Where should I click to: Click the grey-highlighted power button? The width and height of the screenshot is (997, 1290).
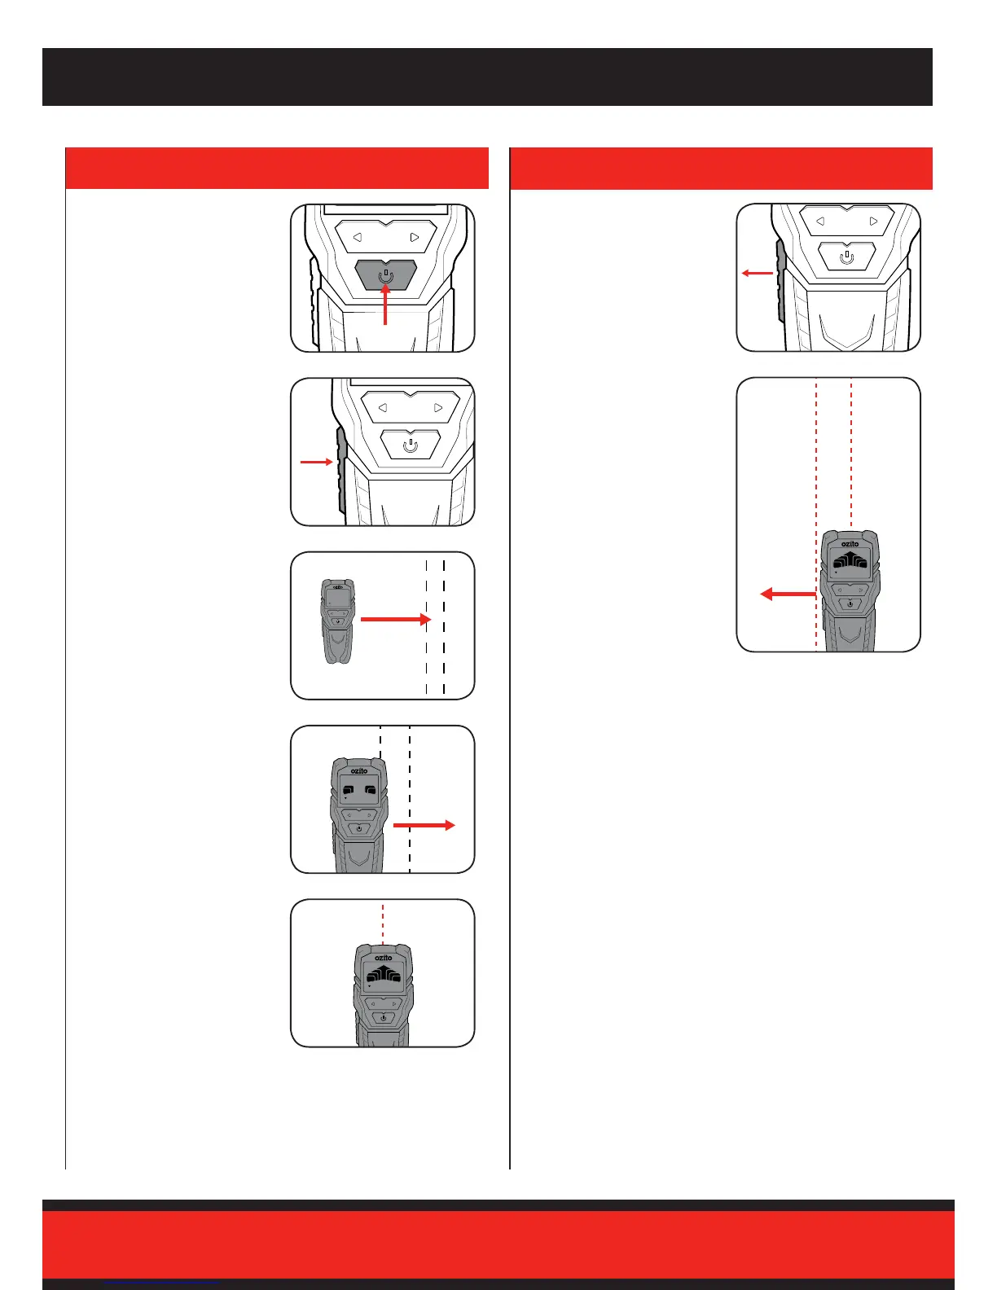(386, 275)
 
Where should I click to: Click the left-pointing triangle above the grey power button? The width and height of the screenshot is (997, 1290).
(357, 238)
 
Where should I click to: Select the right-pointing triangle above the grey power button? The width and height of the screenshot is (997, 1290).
(415, 238)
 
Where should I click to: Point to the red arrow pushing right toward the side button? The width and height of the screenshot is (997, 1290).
(316, 462)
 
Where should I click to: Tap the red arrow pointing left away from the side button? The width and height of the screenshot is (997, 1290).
(757, 273)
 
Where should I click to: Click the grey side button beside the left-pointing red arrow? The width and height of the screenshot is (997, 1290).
(781, 277)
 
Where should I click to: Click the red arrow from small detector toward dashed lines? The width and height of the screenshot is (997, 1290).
(394, 620)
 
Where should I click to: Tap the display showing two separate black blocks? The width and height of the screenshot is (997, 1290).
(359, 789)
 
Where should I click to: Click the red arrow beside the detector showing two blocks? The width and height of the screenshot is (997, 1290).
(424, 825)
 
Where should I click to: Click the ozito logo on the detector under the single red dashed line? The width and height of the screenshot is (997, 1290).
(383, 958)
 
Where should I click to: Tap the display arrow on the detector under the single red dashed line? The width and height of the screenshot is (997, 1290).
(383, 975)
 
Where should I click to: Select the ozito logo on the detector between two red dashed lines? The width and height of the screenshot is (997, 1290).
(850, 544)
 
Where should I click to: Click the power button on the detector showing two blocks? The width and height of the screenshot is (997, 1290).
(359, 828)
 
